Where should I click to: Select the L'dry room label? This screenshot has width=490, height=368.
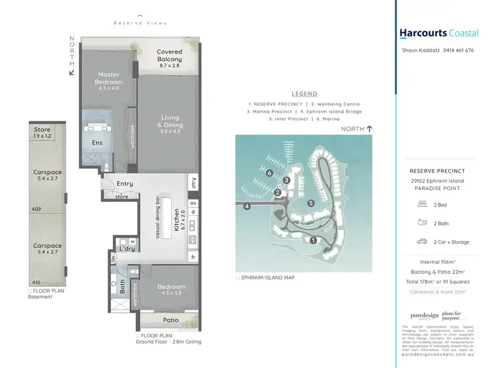pos(127,248)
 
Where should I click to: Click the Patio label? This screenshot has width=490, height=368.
pos(171,320)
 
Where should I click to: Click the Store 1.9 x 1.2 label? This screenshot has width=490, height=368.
pos(42,133)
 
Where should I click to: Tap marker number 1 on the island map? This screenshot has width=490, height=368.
pos(314,241)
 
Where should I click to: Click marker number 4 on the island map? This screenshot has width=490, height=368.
pos(248,207)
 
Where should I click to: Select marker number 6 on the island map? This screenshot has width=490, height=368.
pos(269,173)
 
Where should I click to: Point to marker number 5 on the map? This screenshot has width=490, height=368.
pos(312,203)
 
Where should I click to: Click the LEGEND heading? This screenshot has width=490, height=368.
pos(304,94)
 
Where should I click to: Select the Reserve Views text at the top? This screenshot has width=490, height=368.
pos(139,23)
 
